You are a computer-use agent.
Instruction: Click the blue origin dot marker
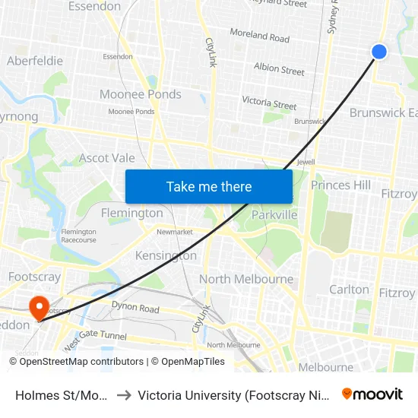click(379, 51)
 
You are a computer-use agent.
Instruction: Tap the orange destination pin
click(38, 306)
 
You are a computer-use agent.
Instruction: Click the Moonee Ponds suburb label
click(141, 94)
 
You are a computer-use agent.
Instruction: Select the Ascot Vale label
click(107, 158)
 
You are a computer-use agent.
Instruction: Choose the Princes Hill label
click(340, 185)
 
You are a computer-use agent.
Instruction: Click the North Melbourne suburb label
click(246, 279)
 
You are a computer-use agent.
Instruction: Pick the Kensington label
click(166, 255)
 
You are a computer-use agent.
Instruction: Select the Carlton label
click(349, 289)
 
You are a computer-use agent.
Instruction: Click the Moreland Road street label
click(260, 36)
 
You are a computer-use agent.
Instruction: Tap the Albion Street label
click(279, 70)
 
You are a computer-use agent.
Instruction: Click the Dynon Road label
click(135, 309)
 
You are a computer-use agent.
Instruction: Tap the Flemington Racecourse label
click(79, 236)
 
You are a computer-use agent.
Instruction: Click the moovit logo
click(372, 394)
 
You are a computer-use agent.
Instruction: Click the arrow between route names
click(123, 394)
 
